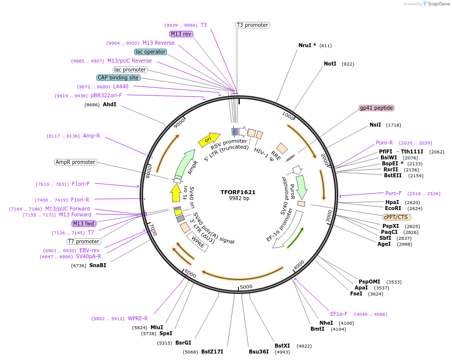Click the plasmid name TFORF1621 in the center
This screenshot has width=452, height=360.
238,192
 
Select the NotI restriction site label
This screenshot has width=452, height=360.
330,64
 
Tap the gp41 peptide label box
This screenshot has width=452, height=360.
376,108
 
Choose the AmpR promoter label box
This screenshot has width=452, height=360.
75,162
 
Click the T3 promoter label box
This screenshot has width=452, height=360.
252,25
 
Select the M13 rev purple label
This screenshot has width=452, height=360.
181,34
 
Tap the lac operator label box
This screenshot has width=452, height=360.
151,52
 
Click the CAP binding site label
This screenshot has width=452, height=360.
118,77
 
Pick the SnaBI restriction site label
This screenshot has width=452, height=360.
97,265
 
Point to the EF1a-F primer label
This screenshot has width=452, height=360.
339,314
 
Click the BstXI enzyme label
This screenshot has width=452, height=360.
282,346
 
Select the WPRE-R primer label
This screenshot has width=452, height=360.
138,319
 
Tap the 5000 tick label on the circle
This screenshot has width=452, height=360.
246,287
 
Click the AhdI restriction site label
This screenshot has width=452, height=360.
109,104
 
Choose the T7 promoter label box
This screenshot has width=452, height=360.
84,241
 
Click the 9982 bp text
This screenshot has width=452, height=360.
238,198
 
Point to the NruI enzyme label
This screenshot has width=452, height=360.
307,45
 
